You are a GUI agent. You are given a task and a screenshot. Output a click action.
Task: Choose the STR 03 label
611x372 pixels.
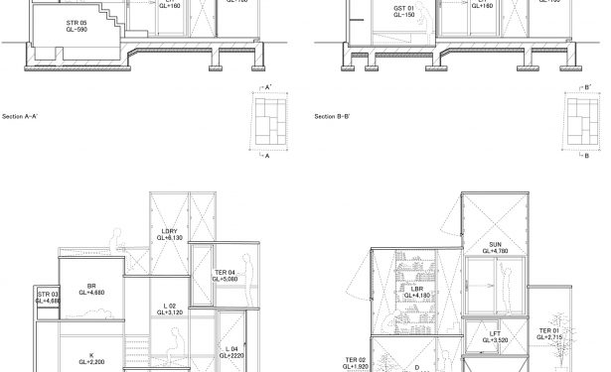click(49, 297)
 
